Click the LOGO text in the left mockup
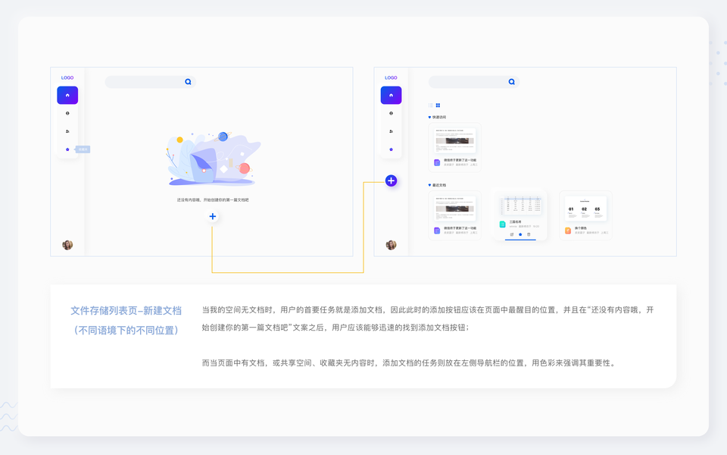pos(67,77)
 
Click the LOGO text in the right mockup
pos(391,77)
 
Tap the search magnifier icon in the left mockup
pos(188,82)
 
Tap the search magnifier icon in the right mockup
pos(511,82)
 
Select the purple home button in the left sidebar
pos(67,96)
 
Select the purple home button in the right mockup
pos(391,96)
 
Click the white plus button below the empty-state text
pos(213,216)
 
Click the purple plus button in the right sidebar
pos(391,180)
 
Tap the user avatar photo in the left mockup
pos(67,245)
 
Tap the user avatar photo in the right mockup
pos(391,245)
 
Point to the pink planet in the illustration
pos(245,168)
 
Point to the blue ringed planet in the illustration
pos(223,136)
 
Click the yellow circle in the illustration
pos(179,140)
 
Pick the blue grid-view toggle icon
pos(438,105)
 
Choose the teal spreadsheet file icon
pos(502,224)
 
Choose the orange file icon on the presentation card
pos(568,231)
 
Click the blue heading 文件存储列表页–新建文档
pos(126,311)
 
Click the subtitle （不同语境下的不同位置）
pos(126,331)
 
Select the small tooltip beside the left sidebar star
pos(83,149)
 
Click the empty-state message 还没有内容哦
pos(213,199)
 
